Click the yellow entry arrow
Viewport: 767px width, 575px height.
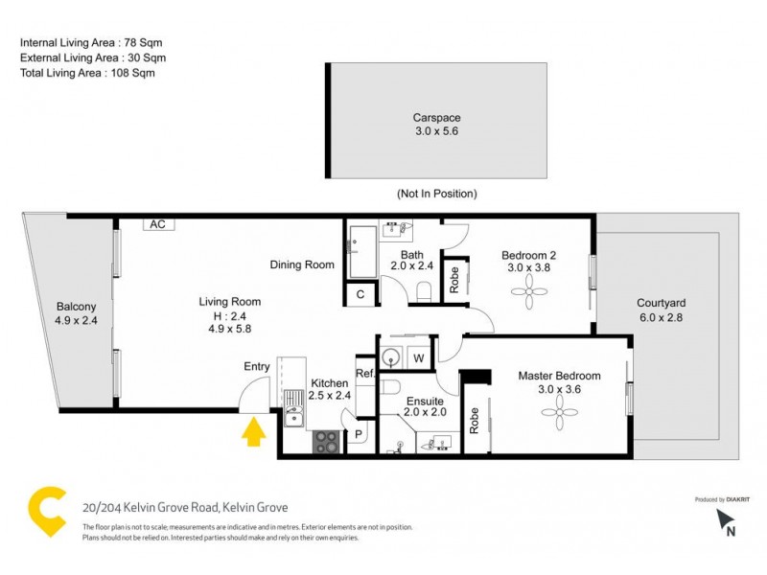coord(253,434)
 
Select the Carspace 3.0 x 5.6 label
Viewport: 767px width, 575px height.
coord(436,125)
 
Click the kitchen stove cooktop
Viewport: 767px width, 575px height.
coord(326,442)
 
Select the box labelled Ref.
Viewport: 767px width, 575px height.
coord(364,374)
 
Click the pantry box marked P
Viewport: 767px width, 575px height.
coord(360,434)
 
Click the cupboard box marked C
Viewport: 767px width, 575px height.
coord(360,295)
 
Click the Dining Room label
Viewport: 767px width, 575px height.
coord(301,265)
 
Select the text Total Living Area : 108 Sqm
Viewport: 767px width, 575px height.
coord(87,72)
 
